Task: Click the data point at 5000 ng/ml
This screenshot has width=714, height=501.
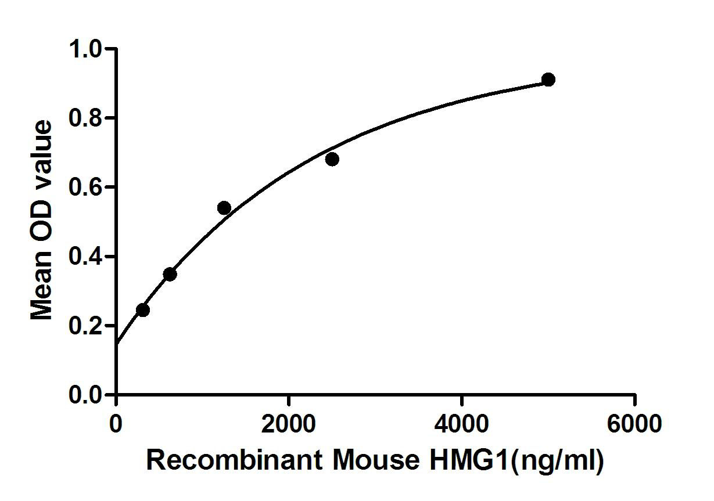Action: pyautogui.click(x=548, y=80)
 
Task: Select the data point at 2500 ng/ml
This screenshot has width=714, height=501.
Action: pyautogui.click(x=332, y=159)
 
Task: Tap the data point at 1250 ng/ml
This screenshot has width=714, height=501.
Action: pyautogui.click(x=224, y=208)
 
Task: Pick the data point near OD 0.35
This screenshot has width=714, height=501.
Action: pyautogui.click(x=170, y=274)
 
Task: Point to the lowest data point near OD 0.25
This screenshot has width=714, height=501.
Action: pyautogui.click(x=143, y=310)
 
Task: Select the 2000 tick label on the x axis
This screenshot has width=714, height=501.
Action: pyautogui.click(x=289, y=424)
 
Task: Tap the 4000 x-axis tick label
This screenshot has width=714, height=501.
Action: pyautogui.click(x=461, y=424)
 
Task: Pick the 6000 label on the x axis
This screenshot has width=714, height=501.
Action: pyautogui.click(x=634, y=424)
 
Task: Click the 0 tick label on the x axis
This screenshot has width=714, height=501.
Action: pyautogui.click(x=117, y=424)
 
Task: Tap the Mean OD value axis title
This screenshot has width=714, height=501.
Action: pyautogui.click(x=42, y=221)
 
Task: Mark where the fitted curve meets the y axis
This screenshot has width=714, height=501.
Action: pyautogui.click(x=117, y=344)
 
